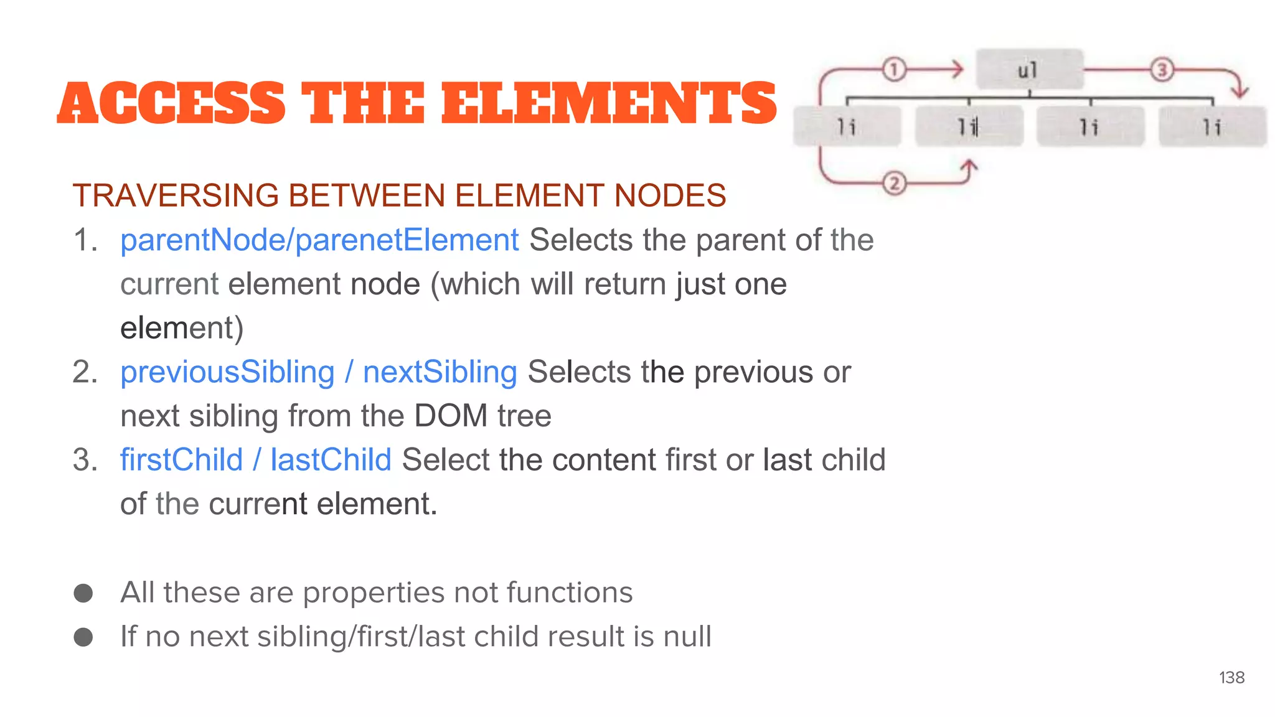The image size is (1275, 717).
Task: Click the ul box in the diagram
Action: tap(1028, 69)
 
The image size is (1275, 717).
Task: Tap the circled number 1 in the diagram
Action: tap(894, 69)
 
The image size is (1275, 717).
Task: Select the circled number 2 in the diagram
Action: tap(894, 183)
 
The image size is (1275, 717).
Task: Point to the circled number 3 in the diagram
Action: tap(1161, 69)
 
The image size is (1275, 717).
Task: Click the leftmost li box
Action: tap(847, 127)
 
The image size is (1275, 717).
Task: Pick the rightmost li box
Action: tap(1211, 127)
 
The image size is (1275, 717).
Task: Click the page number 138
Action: tap(1231, 677)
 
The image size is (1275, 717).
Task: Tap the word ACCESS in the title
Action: tap(171, 103)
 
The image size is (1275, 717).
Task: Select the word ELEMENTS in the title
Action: tap(609, 103)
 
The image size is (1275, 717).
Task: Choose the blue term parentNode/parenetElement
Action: tap(319, 240)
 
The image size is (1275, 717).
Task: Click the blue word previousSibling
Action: tap(227, 372)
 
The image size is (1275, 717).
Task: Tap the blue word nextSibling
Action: tap(440, 372)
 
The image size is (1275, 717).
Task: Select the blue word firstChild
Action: tap(181, 460)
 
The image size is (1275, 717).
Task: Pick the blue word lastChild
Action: tap(331, 460)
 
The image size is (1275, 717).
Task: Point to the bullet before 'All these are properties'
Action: tap(83, 593)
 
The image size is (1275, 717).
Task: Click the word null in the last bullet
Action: tap(687, 637)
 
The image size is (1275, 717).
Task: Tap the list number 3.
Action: tap(85, 460)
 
